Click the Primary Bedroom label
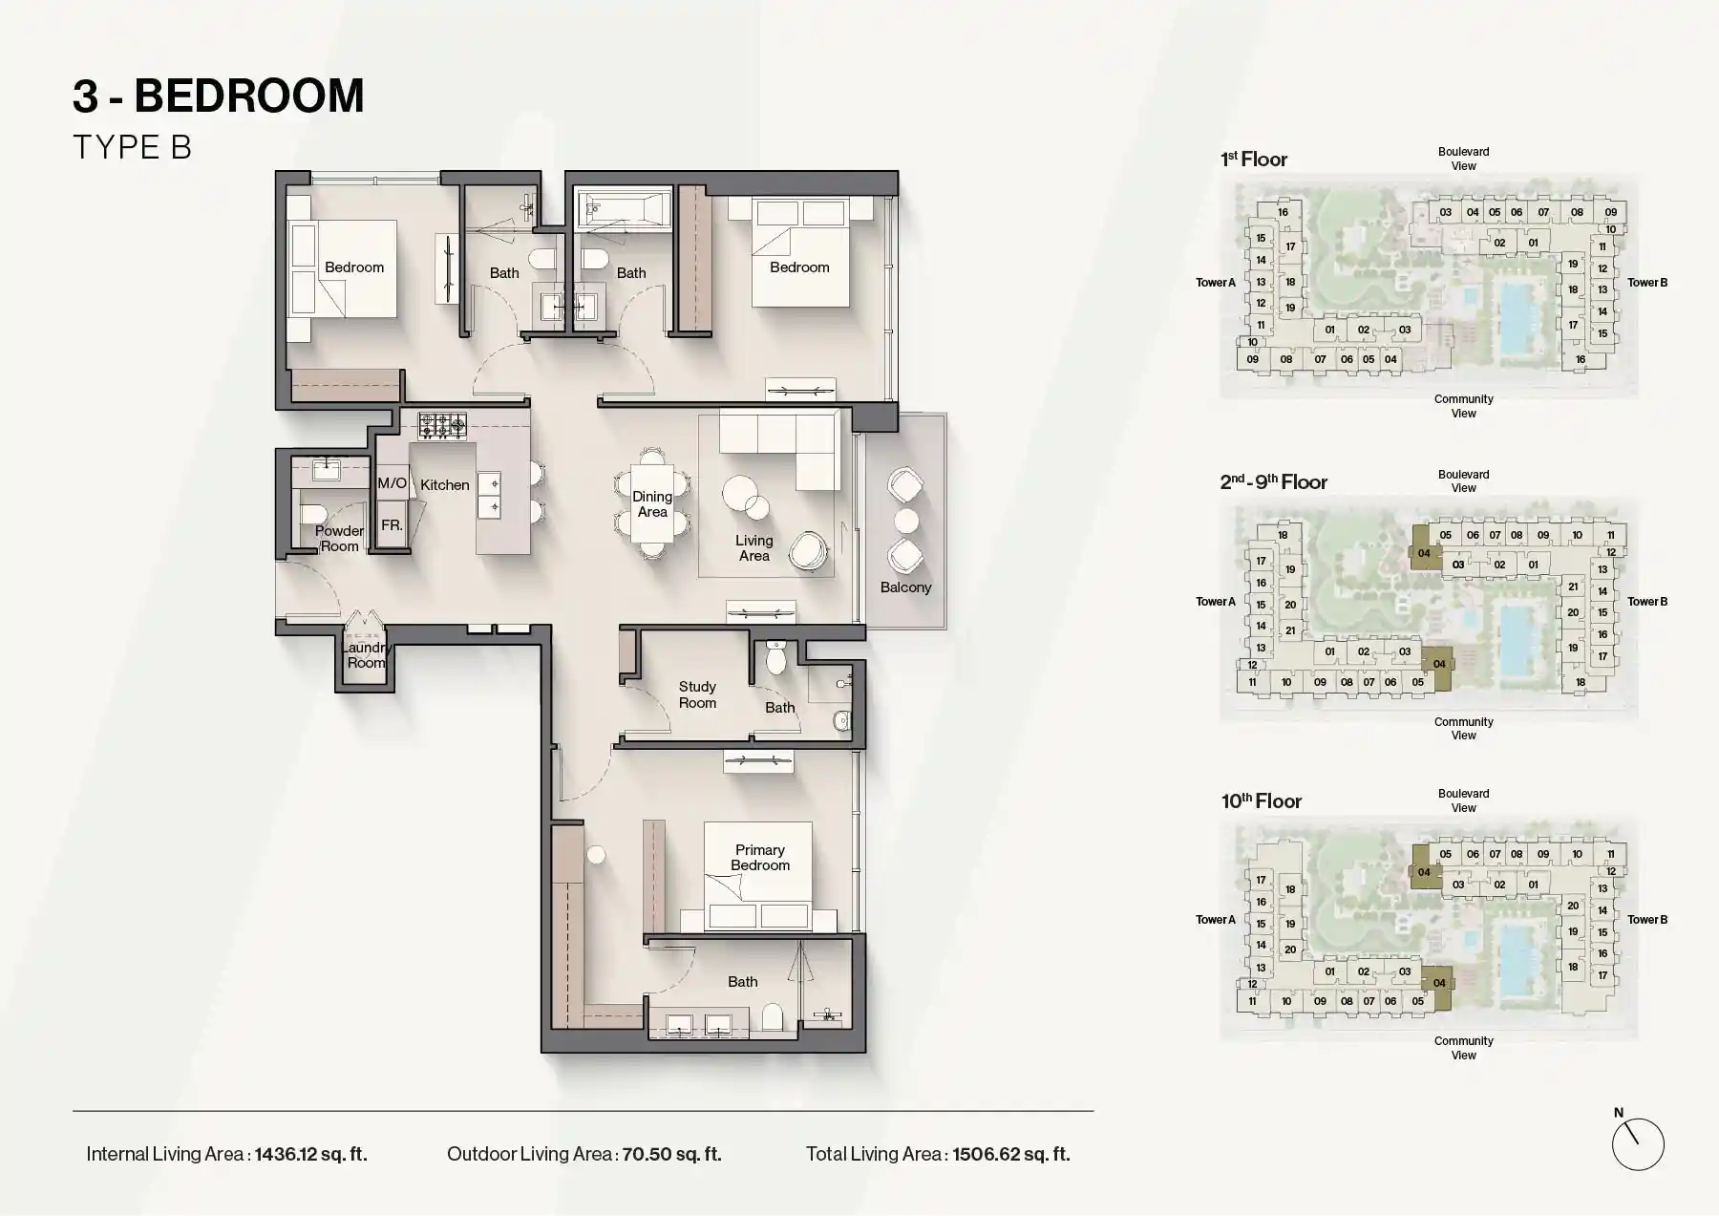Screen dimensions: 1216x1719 point(760,858)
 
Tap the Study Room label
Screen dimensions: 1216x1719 point(697,694)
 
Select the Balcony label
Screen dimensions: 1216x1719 point(905,587)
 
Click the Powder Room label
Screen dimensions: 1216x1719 point(339,539)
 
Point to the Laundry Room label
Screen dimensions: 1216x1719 point(366,655)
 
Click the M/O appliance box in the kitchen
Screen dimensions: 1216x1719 point(392,483)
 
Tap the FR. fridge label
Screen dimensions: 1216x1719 point(392,525)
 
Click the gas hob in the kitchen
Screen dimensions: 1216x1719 point(442,425)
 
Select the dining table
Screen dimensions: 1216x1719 point(652,503)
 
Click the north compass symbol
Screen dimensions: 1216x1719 point(1637,1143)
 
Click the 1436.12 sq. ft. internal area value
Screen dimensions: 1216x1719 point(311,1154)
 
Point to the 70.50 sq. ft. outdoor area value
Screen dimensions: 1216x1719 point(671,1154)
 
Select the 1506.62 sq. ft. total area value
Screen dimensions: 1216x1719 point(1011,1154)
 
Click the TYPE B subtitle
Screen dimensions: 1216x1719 point(132,147)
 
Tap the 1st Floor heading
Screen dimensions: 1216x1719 point(1254,160)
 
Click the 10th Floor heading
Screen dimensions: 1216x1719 point(1261,801)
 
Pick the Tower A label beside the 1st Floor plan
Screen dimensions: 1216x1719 point(1216,283)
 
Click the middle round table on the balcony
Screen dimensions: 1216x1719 point(905,521)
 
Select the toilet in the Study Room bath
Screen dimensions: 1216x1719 point(776,658)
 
